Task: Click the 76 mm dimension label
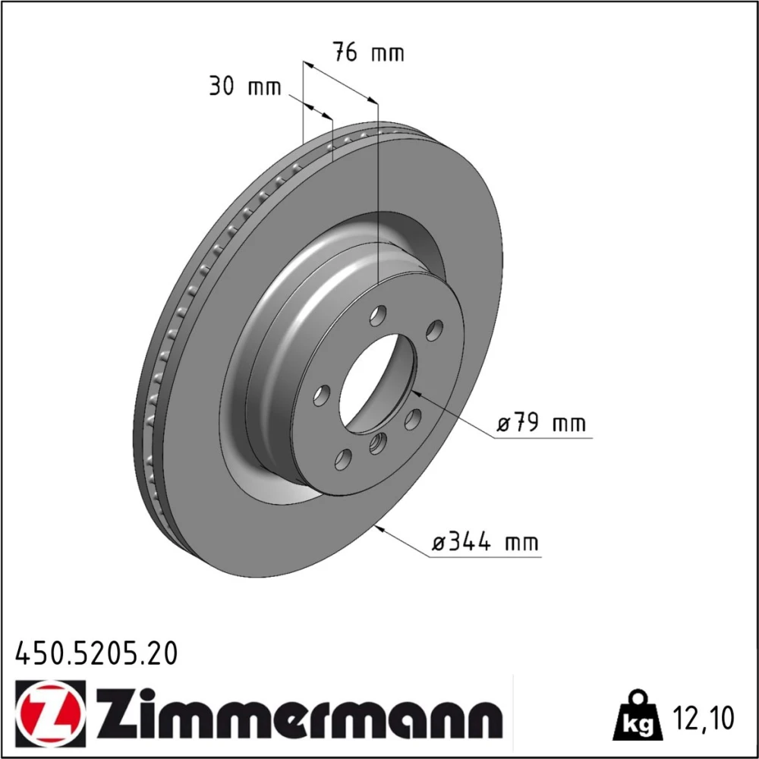tap(368, 52)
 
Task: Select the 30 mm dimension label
tap(245, 87)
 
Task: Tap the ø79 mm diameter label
tap(541, 424)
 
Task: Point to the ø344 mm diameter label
tap(485, 542)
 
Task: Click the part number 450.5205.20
tap(97, 653)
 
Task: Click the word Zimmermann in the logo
tap(300, 711)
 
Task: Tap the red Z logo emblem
tap(50, 710)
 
